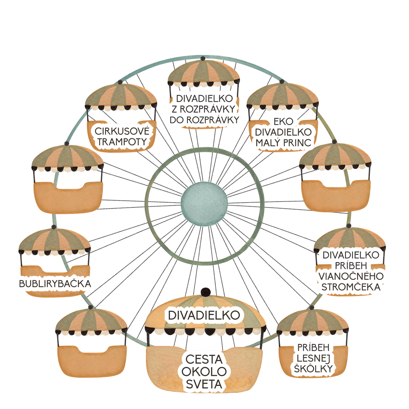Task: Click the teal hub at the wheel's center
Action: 204,204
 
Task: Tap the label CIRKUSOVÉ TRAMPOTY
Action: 122,136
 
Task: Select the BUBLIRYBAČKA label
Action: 55,283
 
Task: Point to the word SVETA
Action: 204,384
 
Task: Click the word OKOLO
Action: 204,372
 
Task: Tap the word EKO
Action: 283,121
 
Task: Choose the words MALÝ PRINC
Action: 283,143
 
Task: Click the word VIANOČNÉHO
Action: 351,276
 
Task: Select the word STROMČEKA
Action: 351,287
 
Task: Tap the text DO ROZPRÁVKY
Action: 204,120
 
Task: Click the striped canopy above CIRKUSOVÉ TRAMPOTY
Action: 121,96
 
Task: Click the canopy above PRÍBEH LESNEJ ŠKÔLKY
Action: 313,322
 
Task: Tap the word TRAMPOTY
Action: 122,142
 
